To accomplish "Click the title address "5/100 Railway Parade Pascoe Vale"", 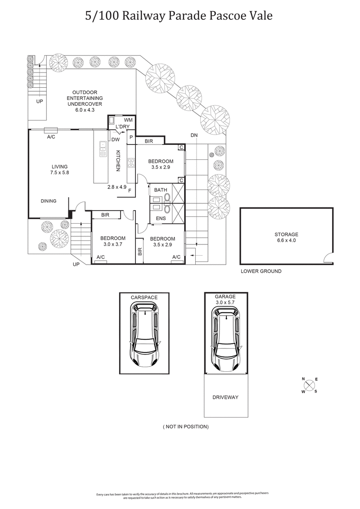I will (x=179, y=16).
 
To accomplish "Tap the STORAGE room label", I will (x=286, y=237).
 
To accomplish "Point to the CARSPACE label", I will (x=144, y=297).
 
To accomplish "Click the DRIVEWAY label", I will (x=225, y=397).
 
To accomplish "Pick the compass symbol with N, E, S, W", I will (x=310, y=385).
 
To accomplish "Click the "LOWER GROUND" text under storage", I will (x=261, y=271).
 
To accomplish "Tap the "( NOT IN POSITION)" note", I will (x=185, y=426).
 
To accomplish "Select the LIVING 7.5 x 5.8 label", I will (x=59, y=169).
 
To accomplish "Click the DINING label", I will (x=49, y=201).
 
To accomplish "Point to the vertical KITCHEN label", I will (x=118, y=161).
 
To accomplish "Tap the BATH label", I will (x=160, y=190).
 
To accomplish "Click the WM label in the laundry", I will (x=128, y=120).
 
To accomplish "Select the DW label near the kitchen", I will (x=115, y=140).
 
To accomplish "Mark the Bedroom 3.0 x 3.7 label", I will (x=112, y=241).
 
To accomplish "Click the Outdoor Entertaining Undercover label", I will (x=85, y=98).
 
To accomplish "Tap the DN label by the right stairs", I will (x=194, y=135).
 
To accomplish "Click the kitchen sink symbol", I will (x=103, y=149).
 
